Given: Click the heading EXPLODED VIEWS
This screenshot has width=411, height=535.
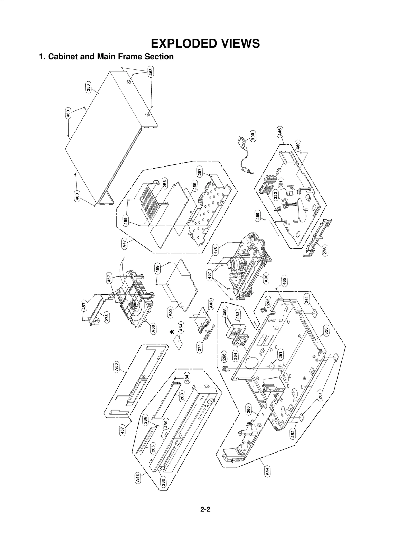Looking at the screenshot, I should (205, 43).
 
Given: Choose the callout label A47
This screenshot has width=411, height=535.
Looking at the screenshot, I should (124, 243).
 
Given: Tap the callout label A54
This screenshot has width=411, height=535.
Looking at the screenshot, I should (181, 327).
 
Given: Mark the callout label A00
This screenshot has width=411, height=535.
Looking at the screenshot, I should (266, 278).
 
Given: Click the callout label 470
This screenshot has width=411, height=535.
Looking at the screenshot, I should (216, 250).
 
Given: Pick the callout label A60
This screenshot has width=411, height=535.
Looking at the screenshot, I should (153, 329).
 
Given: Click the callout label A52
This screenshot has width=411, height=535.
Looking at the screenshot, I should (170, 312).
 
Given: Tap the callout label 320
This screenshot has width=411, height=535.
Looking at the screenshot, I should (326, 330).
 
